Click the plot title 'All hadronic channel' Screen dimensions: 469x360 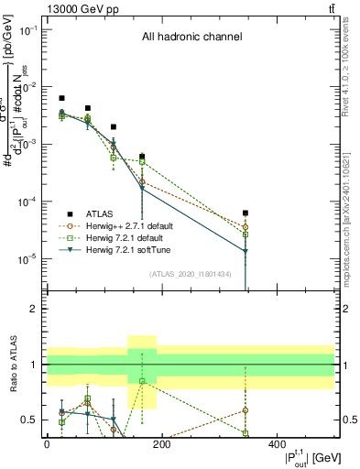click(x=191, y=38)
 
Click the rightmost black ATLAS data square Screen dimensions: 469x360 click(x=245, y=213)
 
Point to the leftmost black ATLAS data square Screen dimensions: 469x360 click(x=61, y=98)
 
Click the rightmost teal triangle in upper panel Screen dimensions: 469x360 click(x=245, y=251)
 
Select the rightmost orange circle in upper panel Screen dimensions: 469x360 click(x=245, y=227)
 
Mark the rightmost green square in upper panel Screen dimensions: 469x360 click(x=245, y=235)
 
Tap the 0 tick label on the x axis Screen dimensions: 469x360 click(x=47, y=443)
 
